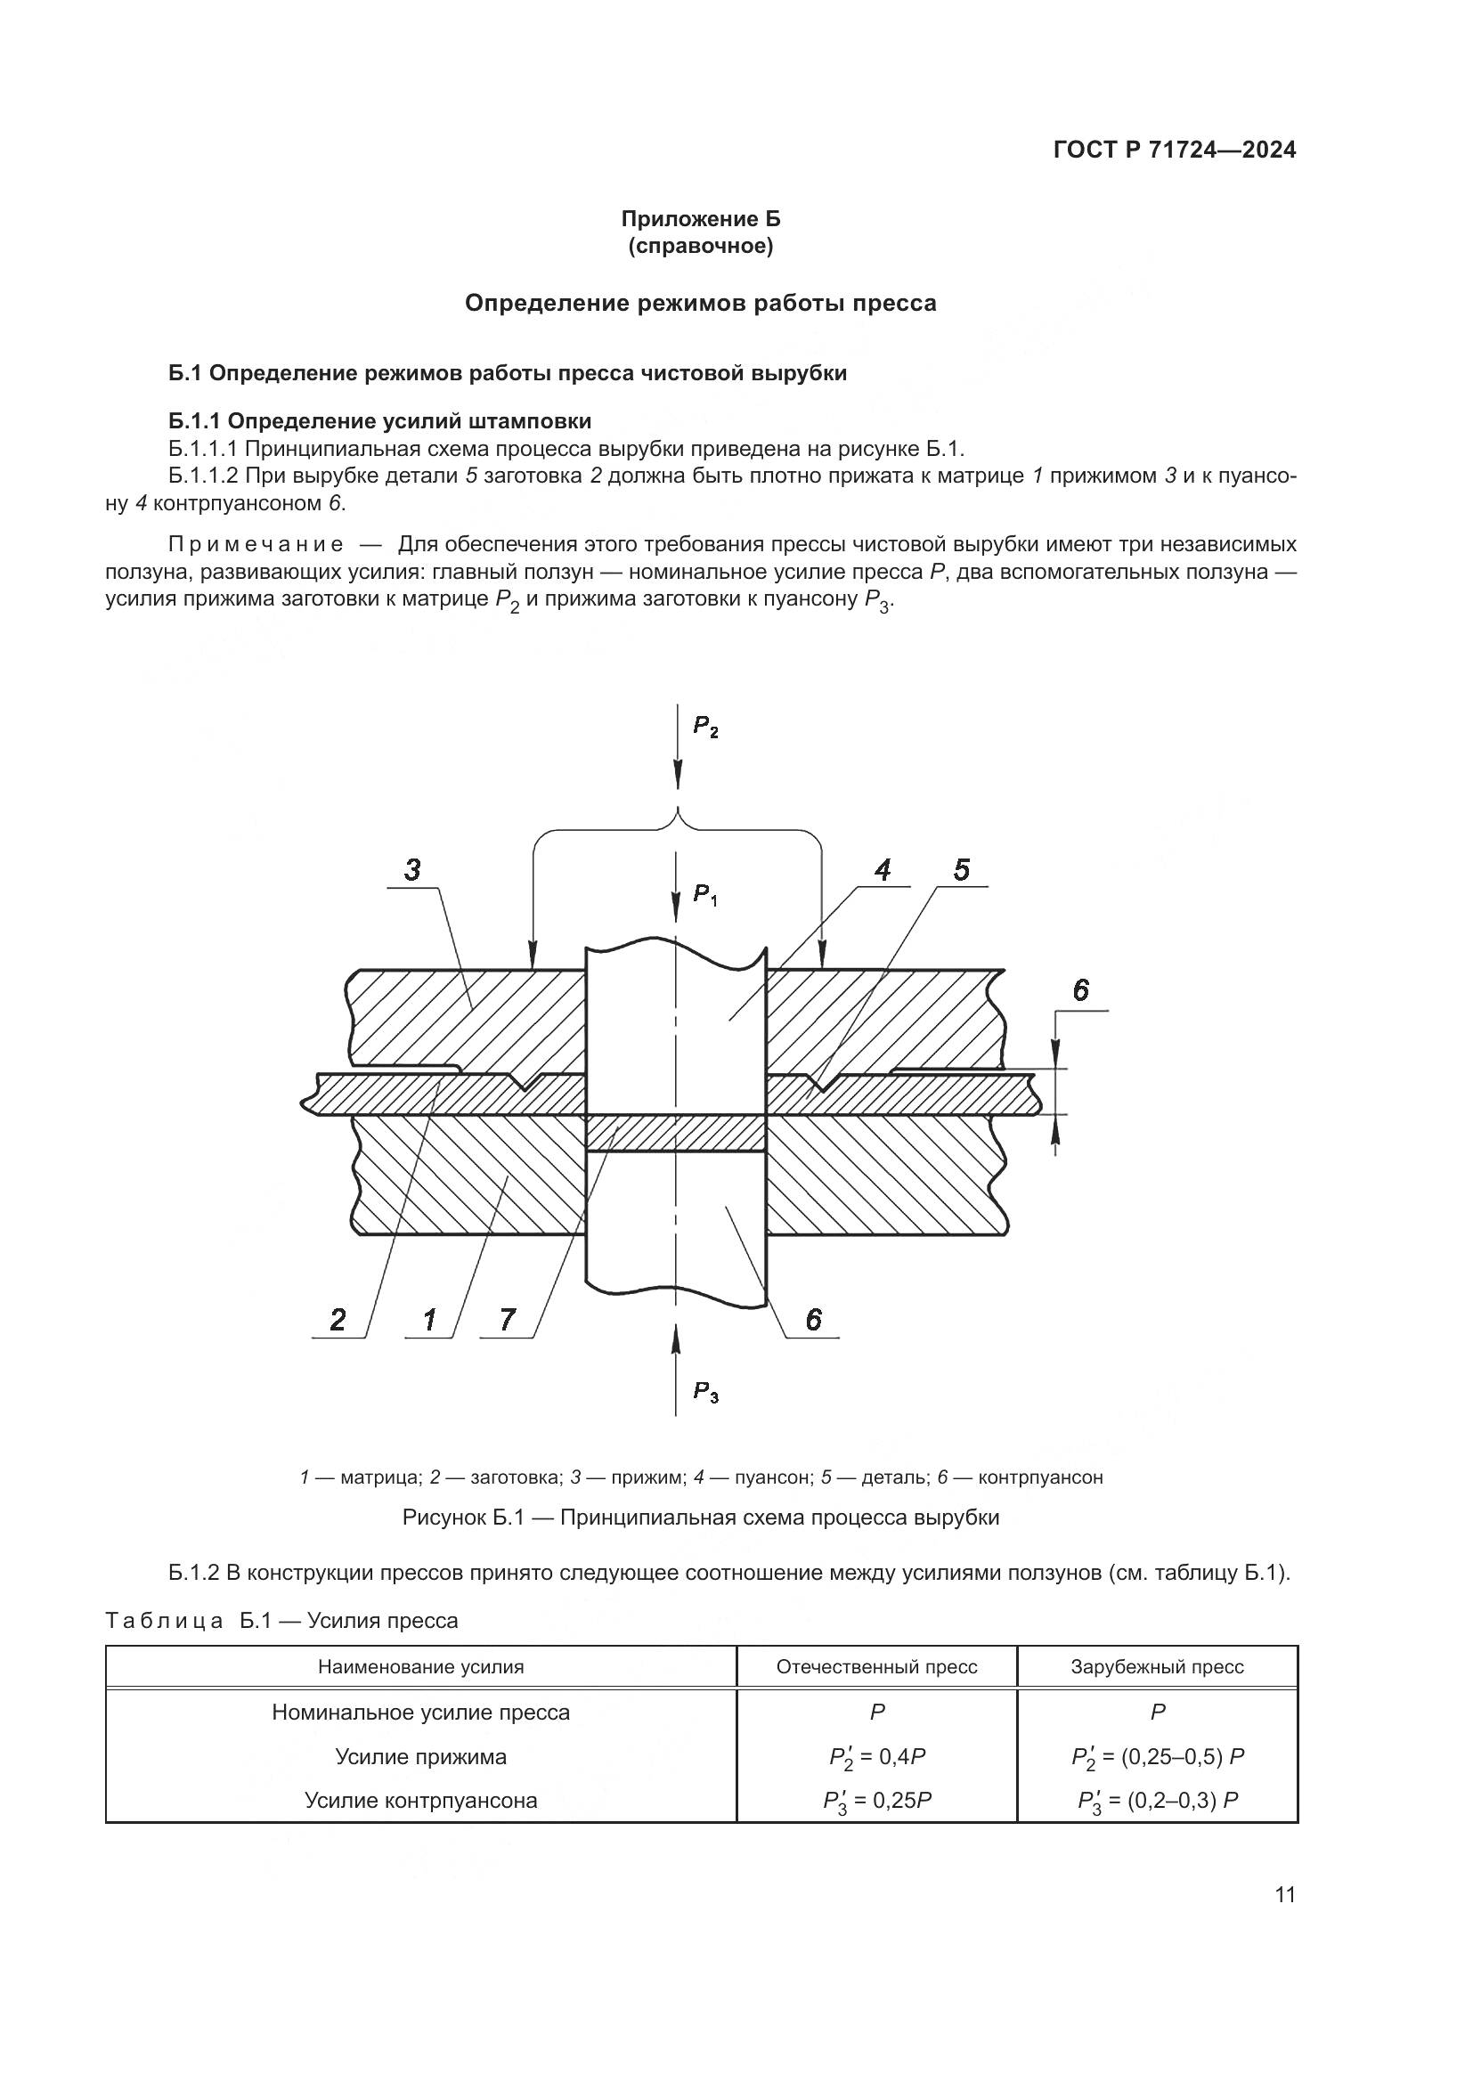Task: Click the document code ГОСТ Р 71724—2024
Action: click(1175, 151)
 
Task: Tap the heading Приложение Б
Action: click(700, 219)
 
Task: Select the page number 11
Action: click(1285, 1895)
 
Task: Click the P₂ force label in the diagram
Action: click(705, 726)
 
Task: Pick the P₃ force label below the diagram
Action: click(705, 1392)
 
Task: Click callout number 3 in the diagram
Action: click(412, 871)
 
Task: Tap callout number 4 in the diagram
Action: click(882, 871)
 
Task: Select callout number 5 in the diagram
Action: click(962, 871)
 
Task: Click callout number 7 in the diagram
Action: click(508, 1320)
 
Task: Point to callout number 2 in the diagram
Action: click(338, 1320)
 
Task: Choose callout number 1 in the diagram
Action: click(429, 1320)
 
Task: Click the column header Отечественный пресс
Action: click(876, 1667)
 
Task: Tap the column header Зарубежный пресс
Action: click(1157, 1667)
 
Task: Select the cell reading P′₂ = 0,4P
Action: click(876, 1757)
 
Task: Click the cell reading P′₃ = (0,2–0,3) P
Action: click(1158, 1801)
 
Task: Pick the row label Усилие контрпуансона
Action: click(421, 1801)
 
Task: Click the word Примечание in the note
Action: click(256, 544)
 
